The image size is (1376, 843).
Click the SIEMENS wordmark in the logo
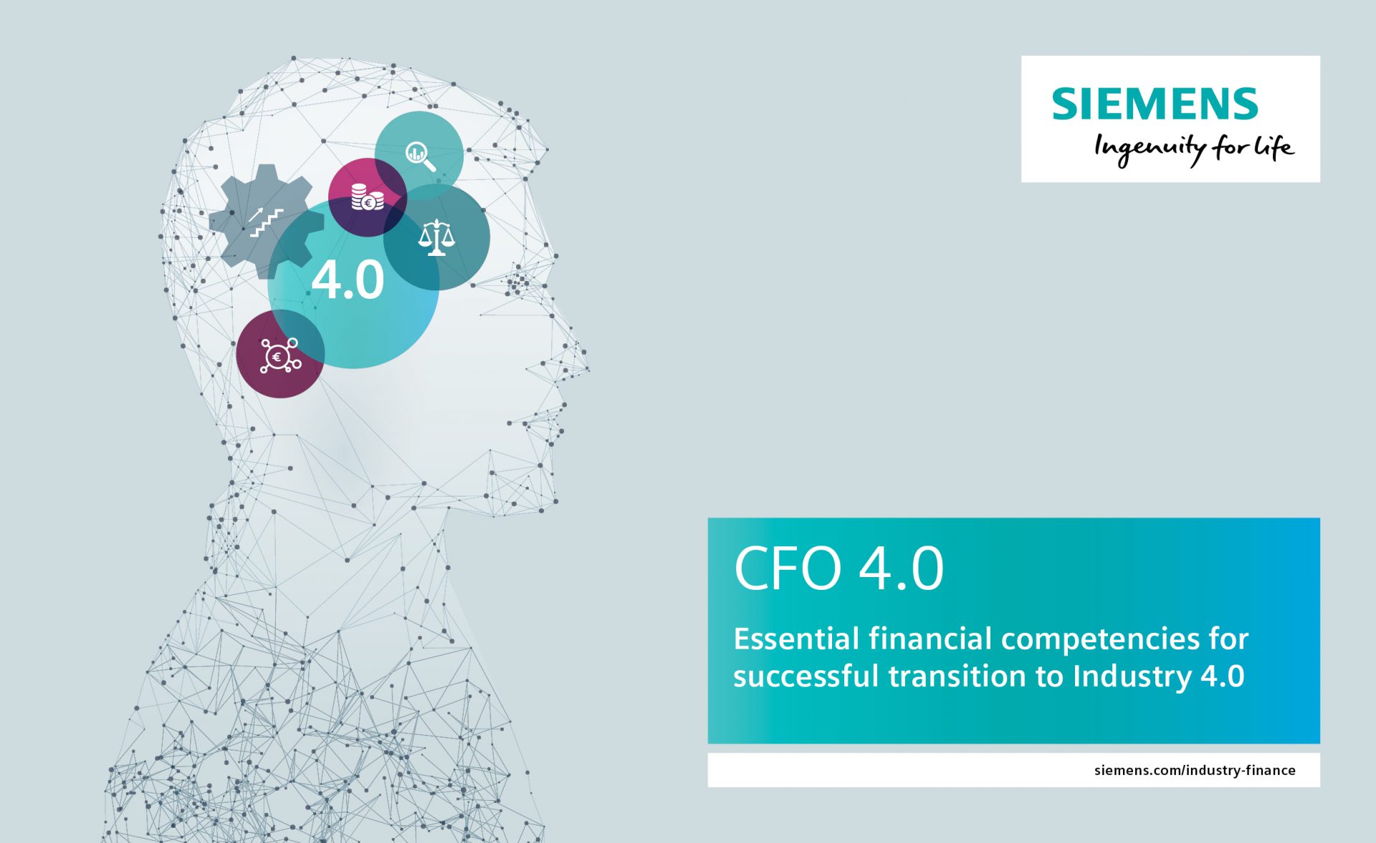1155,104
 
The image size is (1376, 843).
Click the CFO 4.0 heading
838,568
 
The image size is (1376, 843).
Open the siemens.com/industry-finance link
1195,771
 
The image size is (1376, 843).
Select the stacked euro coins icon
367,198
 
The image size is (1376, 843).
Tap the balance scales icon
436,237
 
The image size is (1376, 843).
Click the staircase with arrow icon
266,222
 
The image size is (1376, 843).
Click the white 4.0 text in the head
348,280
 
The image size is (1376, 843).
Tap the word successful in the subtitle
806,677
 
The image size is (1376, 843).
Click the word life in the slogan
1274,147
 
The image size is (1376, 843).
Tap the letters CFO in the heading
788,568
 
